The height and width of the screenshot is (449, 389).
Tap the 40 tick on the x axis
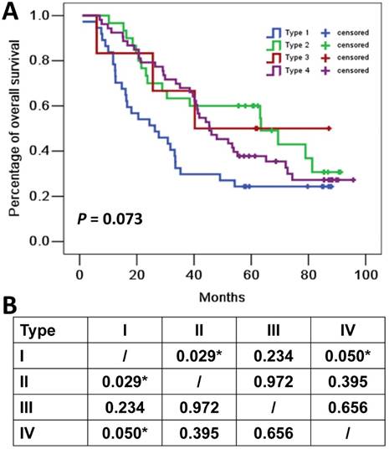pos(193,273)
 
